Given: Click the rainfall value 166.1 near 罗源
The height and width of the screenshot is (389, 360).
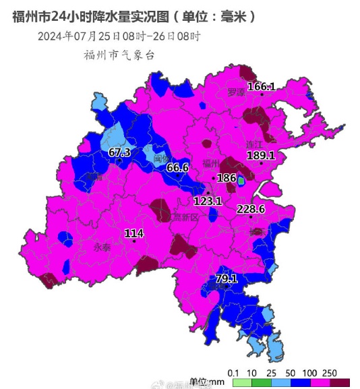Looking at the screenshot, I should pyautogui.click(x=262, y=87).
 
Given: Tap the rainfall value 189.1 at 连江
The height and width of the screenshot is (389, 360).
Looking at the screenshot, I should pyautogui.click(x=260, y=156).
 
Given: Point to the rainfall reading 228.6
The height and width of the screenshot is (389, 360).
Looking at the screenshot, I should pyautogui.click(x=250, y=210).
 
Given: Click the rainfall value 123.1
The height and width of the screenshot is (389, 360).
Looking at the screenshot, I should pyautogui.click(x=208, y=201).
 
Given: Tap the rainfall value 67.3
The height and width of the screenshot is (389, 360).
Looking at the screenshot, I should pyautogui.click(x=119, y=153).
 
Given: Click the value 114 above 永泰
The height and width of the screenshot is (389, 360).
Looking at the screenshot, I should pyautogui.click(x=134, y=234).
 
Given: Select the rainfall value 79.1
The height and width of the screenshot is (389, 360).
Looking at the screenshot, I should pyautogui.click(x=227, y=278).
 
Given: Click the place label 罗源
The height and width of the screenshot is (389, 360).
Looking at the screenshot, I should pyautogui.click(x=237, y=92).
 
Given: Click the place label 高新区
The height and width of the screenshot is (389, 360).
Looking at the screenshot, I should pyautogui.click(x=185, y=217).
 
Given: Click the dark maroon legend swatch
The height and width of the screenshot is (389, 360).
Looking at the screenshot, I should pyautogui.click(x=339, y=382).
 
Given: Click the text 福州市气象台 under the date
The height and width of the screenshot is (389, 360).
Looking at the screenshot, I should pyautogui.click(x=119, y=55).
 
